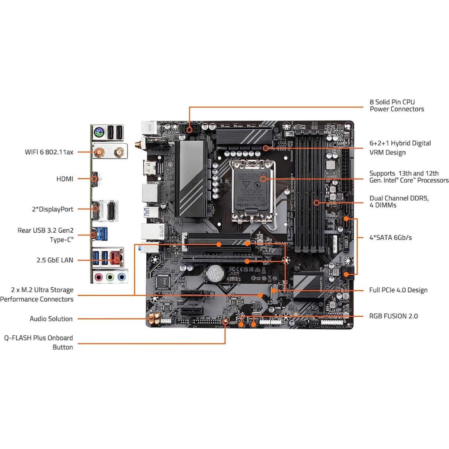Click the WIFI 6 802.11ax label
coord(49,152)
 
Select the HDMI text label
coord(65,179)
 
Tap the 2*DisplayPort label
coord(52,209)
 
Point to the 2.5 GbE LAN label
coord(55,260)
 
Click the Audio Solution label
coord(51,319)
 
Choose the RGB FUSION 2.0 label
coord(393,316)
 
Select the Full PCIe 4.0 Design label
coord(398,290)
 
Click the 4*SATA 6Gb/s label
coord(390,238)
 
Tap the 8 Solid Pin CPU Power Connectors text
coord(397,106)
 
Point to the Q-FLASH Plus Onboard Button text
coord(39,342)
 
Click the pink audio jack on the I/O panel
coord(99,277)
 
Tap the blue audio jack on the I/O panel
coord(121,277)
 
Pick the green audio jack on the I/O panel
coord(110,277)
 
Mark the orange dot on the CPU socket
coord(263,179)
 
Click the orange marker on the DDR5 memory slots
coord(317,203)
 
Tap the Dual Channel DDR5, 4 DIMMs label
coord(399,202)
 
